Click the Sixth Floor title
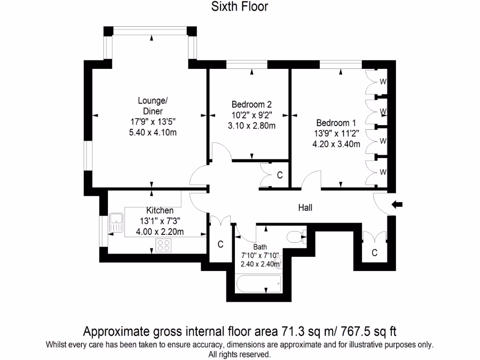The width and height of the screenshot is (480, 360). tap(240, 7)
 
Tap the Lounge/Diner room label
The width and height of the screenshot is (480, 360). tap(153, 106)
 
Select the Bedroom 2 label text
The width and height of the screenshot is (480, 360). tap(252, 104)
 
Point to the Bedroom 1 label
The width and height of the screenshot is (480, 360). tap(336, 123)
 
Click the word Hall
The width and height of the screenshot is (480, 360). tap(305, 208)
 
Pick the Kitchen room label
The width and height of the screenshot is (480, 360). tap(159, 210)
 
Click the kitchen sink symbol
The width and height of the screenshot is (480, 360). tap(115, 222)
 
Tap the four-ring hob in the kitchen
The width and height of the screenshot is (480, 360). tap(164, 245)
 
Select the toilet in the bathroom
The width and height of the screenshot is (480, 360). tap(295, 237)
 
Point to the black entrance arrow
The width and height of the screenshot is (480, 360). tap(397, 204)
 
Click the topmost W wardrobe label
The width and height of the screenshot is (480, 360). tap(383, 81)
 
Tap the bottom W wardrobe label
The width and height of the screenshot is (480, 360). tap(383, 172)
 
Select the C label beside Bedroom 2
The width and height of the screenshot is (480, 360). tap(280, 175)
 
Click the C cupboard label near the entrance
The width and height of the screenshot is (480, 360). tap(374, 253)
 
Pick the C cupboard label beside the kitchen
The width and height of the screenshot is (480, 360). tap(220, 244)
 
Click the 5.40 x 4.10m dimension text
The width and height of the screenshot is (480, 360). tap(153, 133)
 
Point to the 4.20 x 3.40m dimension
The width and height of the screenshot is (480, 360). tap(336, 144)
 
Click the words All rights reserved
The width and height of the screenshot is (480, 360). tap(240, 354)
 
